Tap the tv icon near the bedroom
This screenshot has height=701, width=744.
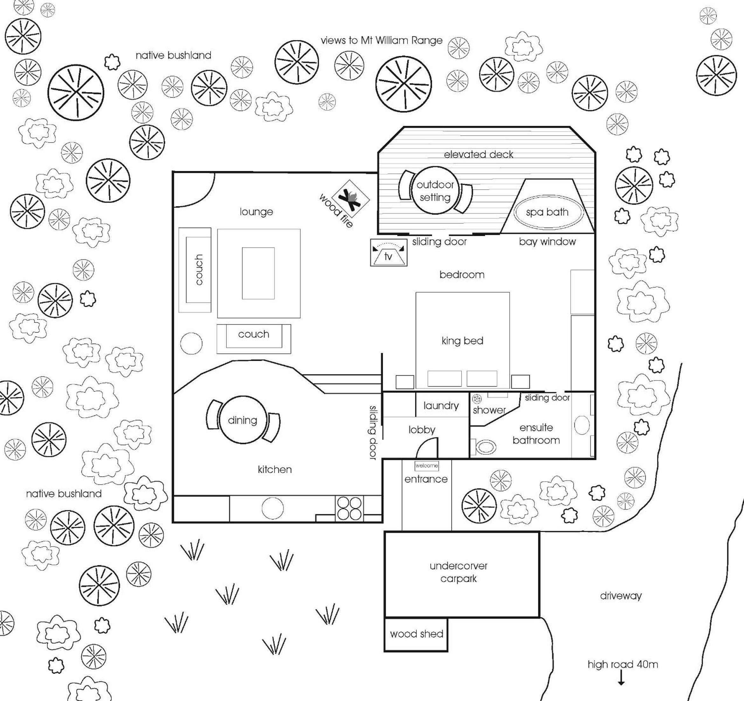pyautogui.click(x=388, y=253)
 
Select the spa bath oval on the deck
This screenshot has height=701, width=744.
pyautogui.click(x=547, y=212)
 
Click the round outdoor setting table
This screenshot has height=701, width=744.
pyautogui.click(x=435, y=190)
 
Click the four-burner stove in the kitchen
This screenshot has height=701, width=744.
pyautogui.click(x=350, y=508)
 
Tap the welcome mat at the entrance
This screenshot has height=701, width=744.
pyautogui.click(x=427, y=466)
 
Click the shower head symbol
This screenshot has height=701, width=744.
pyautogui.click(x=477, y=399)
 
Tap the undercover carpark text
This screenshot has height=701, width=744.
pyautogui.click(x=458, y=572)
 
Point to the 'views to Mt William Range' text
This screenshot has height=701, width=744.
pyautogui.click(x=382, y=40)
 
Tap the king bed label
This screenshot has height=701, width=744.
pyautogui.click(x=462, y=341)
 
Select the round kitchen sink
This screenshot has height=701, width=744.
pyautogui.click(x=273, y=508)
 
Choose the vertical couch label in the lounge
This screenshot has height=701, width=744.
pyautogui.click(x=199, y=269)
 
